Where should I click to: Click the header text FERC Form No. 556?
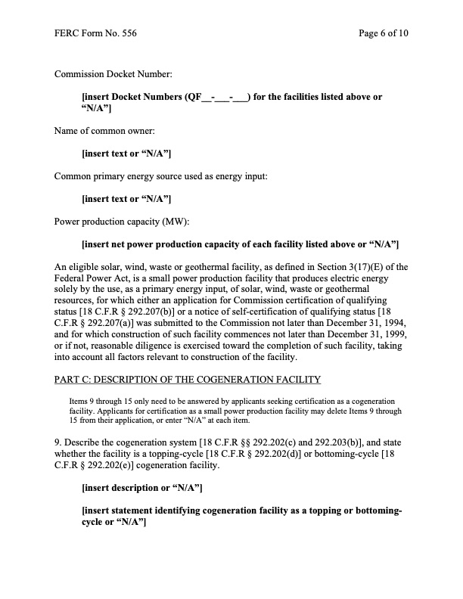coord(95,34)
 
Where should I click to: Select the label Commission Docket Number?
coord(113,74)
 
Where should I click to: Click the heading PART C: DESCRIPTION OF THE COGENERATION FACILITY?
coord(188,378)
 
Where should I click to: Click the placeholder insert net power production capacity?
coord(240,244)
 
